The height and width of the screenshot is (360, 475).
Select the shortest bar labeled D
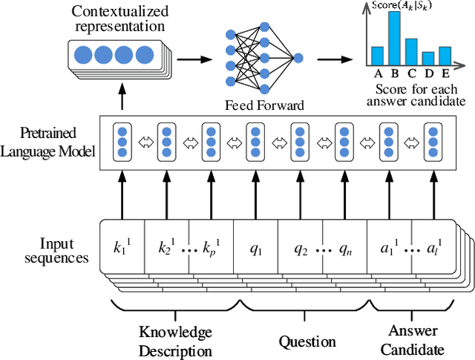427,59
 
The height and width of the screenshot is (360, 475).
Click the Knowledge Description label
175,341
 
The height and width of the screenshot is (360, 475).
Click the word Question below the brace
307,341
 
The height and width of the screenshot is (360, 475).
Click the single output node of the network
298,57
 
